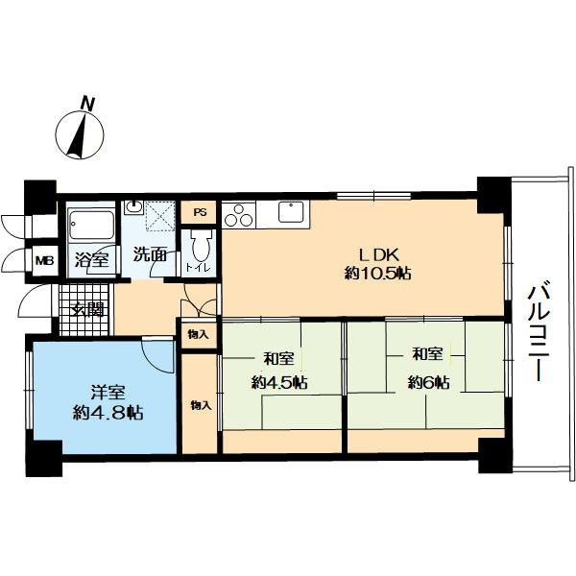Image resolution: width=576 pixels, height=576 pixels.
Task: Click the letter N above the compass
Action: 87,104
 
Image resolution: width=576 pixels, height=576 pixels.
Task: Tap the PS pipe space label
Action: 200,212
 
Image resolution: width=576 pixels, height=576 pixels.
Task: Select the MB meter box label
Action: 44,261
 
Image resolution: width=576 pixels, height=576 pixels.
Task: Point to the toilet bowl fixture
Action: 201,245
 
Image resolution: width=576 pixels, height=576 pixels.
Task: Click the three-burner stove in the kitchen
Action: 239,215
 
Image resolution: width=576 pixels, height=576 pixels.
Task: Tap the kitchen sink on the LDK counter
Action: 291,212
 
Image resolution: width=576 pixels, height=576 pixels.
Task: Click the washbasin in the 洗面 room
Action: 133,207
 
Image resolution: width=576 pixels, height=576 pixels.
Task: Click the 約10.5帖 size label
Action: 377,273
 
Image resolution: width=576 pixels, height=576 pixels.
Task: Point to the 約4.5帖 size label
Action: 279,383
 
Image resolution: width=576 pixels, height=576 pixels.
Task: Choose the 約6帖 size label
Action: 428,383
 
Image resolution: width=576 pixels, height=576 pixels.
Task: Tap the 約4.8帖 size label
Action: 108,413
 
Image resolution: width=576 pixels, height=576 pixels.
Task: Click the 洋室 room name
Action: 108,393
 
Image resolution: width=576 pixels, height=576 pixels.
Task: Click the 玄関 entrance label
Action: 87,309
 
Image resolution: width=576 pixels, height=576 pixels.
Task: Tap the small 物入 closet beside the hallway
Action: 199,334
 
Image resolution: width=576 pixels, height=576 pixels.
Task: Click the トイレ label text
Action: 199,268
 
